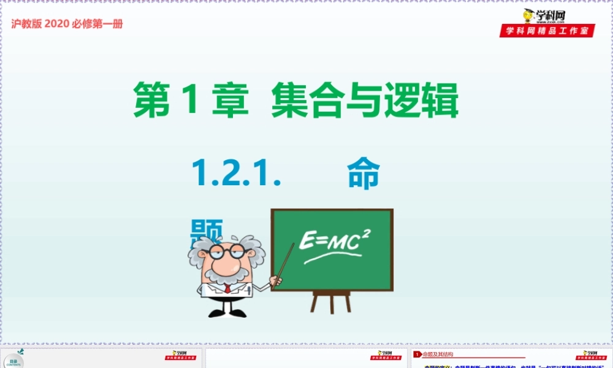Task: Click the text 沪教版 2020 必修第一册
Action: [x=67, y=24]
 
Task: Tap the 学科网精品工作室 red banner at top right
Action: [x=547, y=31]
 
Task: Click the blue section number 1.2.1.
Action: [x=237, y=174]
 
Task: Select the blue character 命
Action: [x=364, y=174]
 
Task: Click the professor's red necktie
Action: [x=227, y=288]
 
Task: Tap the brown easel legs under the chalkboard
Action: [x=332, y=301]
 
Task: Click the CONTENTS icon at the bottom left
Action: [x=13, y=361]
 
